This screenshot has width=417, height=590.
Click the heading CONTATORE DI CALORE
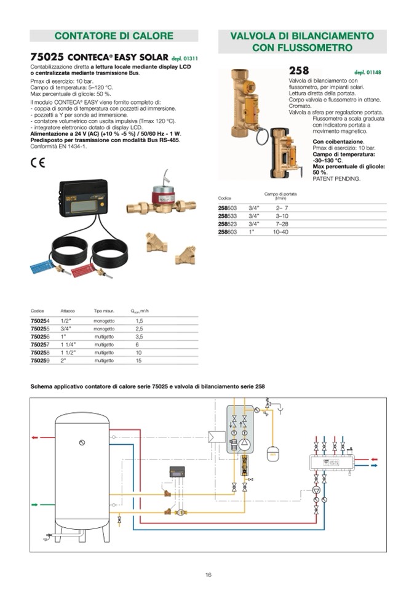click(x=114, y=36)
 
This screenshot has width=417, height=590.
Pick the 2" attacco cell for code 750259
click(x=63, y=361)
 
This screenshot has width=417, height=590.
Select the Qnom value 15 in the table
click(x=139, y=361)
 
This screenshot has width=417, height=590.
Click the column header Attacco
click(x=67, y=311)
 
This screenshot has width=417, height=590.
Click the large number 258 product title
click(x=299, y=71)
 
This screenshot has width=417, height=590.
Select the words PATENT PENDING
click(x=336, y=178)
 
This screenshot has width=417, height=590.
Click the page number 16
click(x=208, y=575)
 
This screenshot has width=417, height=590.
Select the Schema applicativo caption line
click(x=148, y=386)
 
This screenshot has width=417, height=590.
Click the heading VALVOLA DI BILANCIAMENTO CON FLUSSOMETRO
click(x=302, y=41)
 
